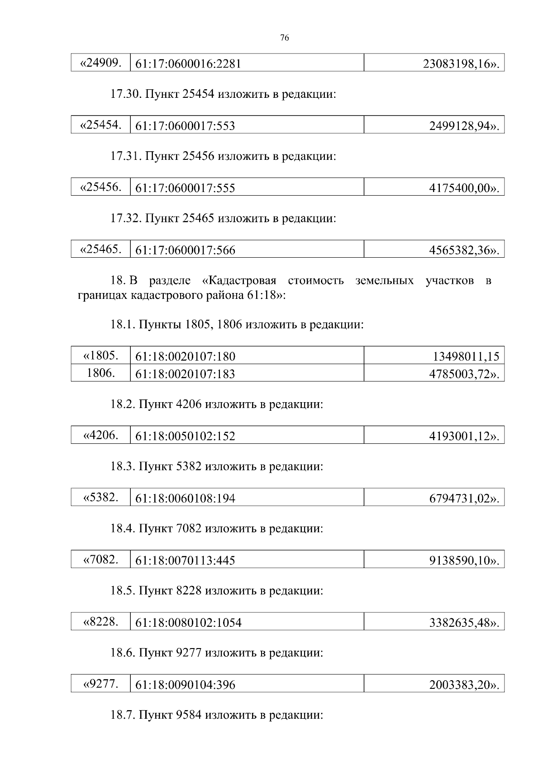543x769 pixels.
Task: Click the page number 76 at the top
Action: coord(285,38)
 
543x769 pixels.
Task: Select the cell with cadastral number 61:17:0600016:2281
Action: coord(188,64)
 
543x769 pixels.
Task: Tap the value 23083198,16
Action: coord(461,64)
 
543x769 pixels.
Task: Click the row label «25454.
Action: coord(100,125)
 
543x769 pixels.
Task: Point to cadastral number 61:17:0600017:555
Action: coord(185,188)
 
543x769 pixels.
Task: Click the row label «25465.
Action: coord(100,249)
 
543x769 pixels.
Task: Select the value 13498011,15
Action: coord(466,356)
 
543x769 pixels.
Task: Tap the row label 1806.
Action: coord(100,373)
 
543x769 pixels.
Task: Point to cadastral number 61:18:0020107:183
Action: coord(185,374)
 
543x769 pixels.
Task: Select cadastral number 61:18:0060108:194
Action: coord(185,499)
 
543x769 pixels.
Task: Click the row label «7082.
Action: coord(100,560)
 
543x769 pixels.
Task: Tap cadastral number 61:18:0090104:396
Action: coord(185,685)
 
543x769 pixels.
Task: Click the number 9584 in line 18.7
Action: coord(189,715)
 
